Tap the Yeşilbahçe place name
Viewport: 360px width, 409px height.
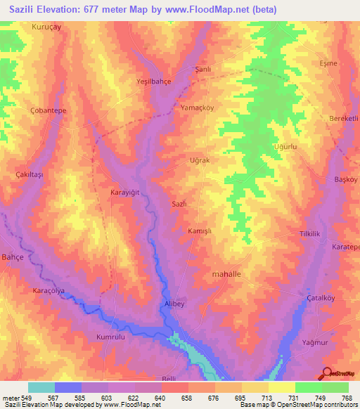(153, 82)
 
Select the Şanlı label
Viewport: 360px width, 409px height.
(203, 70)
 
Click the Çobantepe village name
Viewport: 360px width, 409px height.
(49, 111)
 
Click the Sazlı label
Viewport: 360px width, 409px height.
(179, 203)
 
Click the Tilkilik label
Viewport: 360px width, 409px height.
(310, 233)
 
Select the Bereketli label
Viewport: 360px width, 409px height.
(344, 119)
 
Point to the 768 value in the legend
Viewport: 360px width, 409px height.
(347, 398)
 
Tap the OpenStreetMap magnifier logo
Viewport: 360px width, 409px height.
(327, 373)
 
